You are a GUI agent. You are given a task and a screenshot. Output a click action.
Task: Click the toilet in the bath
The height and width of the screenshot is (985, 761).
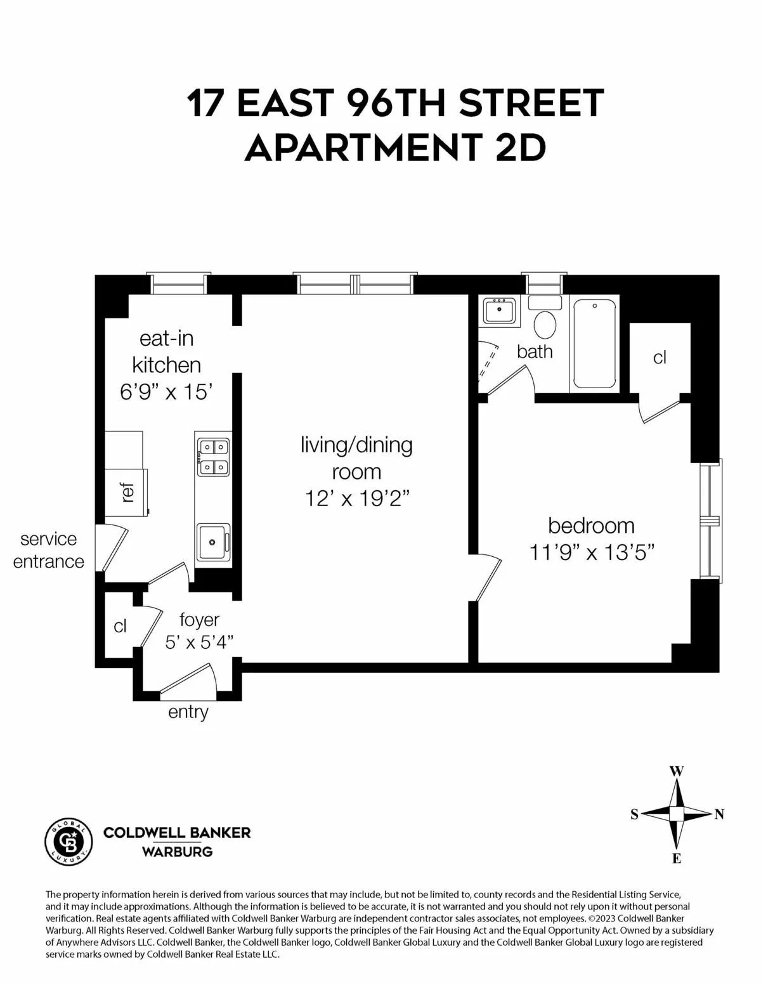544,320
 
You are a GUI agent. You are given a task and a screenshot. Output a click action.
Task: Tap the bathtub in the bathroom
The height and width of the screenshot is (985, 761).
594,344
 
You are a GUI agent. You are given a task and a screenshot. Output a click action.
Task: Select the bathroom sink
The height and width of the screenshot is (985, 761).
499,311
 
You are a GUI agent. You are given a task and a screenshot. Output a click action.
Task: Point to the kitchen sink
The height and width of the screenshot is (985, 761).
213,542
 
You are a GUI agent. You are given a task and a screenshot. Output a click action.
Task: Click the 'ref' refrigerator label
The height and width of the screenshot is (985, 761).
127,493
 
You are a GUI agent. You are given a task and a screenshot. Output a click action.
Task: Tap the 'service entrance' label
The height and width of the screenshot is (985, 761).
49,551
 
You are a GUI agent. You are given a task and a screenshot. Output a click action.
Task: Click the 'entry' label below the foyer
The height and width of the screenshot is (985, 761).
188,712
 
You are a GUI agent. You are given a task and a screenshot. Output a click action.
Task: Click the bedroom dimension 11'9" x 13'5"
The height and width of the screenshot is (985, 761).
592,552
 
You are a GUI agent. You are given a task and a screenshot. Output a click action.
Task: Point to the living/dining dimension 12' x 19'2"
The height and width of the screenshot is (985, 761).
356,499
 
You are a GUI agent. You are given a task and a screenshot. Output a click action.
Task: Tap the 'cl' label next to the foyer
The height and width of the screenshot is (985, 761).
120,627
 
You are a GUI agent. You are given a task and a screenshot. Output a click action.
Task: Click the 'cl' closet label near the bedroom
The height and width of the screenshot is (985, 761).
660,358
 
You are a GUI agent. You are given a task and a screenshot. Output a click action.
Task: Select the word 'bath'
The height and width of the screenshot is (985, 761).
535,351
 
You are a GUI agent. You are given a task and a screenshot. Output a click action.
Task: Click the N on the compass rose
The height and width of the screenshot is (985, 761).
719,814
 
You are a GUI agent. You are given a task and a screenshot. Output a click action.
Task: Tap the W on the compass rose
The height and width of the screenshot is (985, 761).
677,771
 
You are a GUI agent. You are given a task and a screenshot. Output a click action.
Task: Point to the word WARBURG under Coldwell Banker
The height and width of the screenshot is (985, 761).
177,852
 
